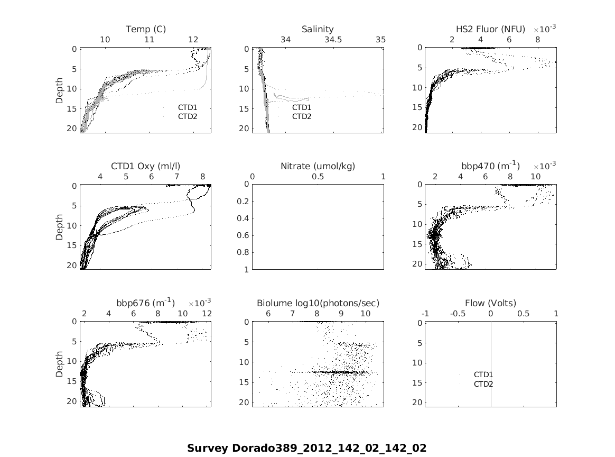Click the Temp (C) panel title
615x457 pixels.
(145, 29)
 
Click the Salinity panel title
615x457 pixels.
(318, 29)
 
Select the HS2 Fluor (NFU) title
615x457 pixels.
(490, 29)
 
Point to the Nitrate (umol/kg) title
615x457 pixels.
(318, 166)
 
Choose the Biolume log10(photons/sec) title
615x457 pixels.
(318, 303)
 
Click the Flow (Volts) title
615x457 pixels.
(490, 303)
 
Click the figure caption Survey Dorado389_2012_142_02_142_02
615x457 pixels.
(306, 449)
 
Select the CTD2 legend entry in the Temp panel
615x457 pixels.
(187, 116)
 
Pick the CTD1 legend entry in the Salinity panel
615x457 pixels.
(302, 107)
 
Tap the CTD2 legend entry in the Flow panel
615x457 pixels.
(483, 384)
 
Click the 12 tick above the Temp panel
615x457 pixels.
(193, 40)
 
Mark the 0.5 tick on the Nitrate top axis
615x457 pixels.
(318, 177)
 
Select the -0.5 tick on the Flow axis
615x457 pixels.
(458, 314)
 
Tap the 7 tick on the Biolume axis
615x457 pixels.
(292, 314)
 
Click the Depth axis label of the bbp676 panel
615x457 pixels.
(59, 365)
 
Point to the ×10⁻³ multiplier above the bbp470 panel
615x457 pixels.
(544, 166)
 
